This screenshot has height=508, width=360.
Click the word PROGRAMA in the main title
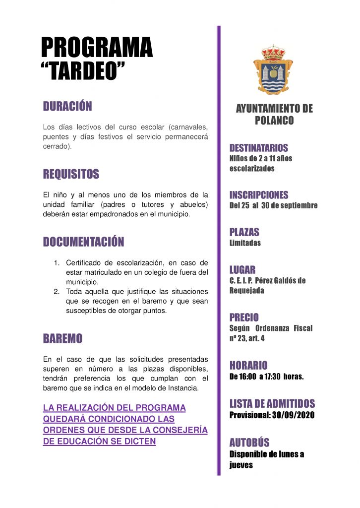pyautogui.click(x=97, y=48)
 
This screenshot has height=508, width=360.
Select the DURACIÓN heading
pyautogui.click(x=67, y=106)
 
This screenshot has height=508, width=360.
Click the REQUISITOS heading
pyautogui.click(x=71, y=174)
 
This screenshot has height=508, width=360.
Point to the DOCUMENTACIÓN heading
pyautogui.click(x=83, y=242)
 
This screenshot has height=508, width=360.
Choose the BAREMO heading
pyautogui.click(x=62, y=339)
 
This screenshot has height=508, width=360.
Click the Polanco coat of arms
pyautogui.click(x=273, y=71)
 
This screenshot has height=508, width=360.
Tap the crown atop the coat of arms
pyautogui.click(x=273, y=52)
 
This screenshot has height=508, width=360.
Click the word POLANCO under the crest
pyautogui.click(x=274, y=121)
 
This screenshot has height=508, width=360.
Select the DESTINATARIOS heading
pyautogui.click(x=258, y=148)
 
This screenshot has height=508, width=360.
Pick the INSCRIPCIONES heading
pyautogui.click(x=258, y=195)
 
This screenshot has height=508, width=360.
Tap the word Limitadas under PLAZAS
pyautogui.click(x=245, y=243)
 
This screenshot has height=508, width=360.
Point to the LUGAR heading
pyautogui.click(x=242, y=270)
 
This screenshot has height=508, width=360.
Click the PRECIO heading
pyautogui.click(x=244, y=317)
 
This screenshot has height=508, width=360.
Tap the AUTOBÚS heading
pyautogui.click(x=249, y=443)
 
